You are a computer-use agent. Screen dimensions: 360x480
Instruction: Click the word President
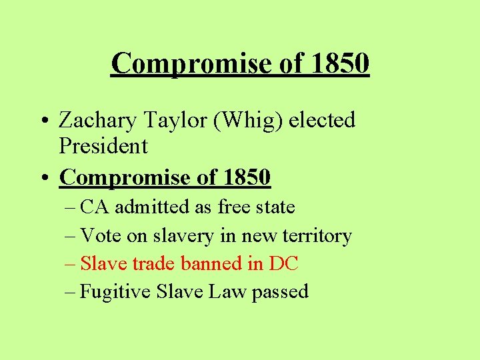[103, 145]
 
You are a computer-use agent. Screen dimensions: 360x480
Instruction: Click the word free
[233, 207]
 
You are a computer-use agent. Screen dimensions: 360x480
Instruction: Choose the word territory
[317, 237]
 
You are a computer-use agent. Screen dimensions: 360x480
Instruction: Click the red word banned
[207, 263]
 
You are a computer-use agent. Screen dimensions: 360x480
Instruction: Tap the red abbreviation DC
[283, 263]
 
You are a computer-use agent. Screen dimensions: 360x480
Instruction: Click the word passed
[280, 293]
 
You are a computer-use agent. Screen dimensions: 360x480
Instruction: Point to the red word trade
[153, 263]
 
